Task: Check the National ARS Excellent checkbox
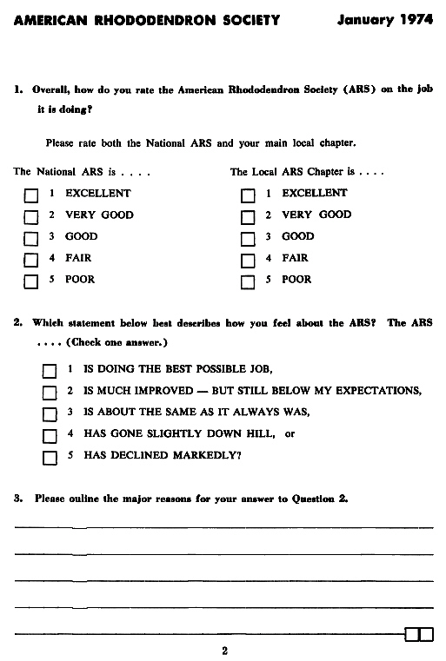31,195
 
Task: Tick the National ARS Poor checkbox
31,281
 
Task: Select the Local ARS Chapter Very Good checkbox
248,216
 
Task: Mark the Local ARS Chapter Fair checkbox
248,260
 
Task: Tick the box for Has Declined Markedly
50,455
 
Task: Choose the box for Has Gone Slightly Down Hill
50,434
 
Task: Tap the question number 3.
18,498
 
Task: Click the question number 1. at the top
18,89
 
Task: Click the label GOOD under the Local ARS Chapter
298,236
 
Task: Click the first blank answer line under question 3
223,525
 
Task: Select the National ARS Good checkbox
31,238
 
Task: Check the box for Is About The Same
50,413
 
